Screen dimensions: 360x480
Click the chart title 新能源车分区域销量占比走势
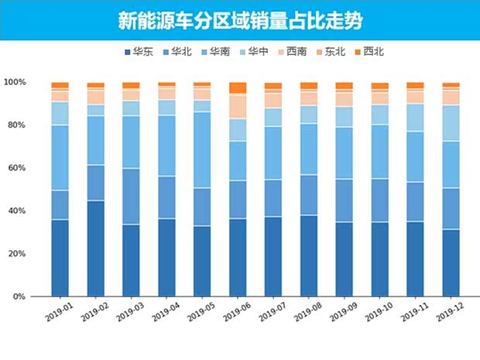[x=240, y=20]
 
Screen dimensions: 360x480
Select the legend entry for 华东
[x=137, y=52]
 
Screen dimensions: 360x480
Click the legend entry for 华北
[x=177, y=52]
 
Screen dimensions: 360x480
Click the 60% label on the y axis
[x=16, y=168]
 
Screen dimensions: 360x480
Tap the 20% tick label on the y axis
[x=16, y=254]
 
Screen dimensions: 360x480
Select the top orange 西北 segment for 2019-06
[x=237, y=88]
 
